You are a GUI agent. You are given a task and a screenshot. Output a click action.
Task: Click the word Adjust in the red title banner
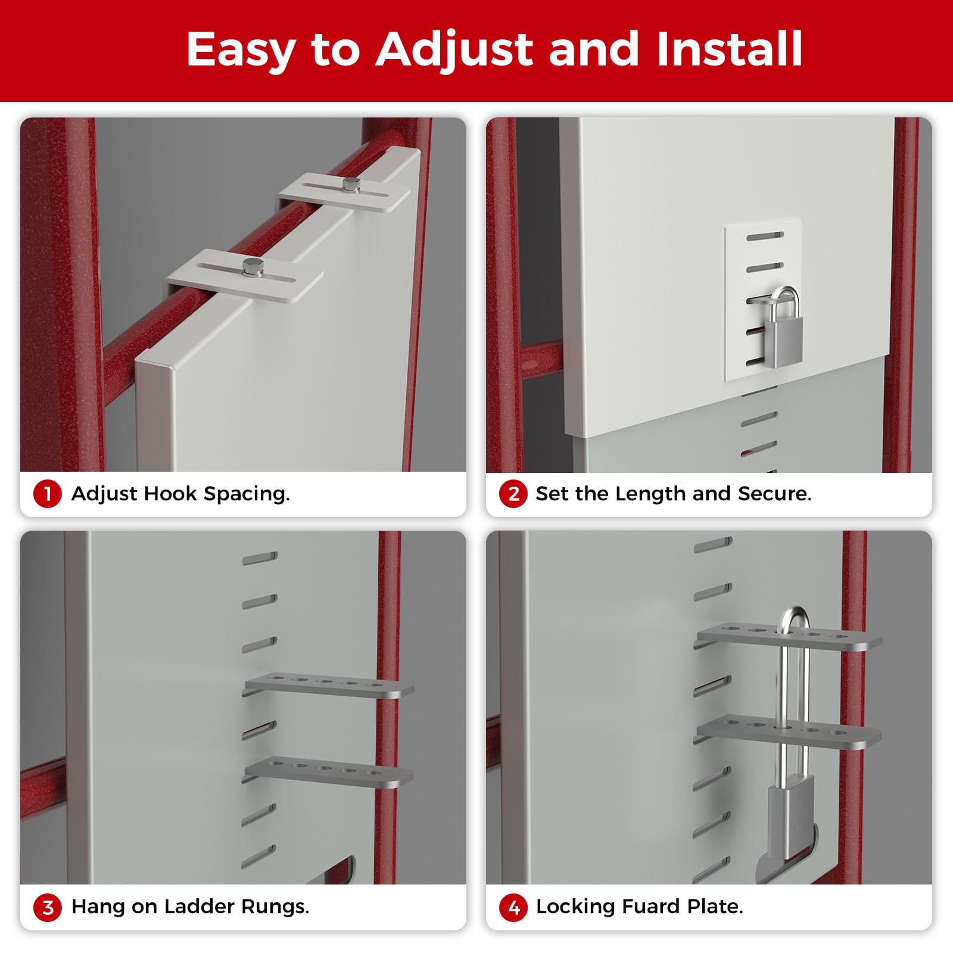click(x=455, y=50)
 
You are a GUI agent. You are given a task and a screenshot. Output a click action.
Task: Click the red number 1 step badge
click(x=48, y=494)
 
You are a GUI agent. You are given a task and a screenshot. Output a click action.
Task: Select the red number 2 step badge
click(x=513, y=494)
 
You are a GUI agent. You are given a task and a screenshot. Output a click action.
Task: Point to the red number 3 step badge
click(x=48, y=907)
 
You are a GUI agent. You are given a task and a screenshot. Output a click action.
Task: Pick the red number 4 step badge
click(x=513, y=907)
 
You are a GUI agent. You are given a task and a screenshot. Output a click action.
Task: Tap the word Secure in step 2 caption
click(x=774, y=493)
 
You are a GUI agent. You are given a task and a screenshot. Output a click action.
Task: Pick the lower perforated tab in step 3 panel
click(x=329, y=772)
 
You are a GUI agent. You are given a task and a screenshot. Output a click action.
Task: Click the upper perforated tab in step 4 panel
click(x=790, y=637)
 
